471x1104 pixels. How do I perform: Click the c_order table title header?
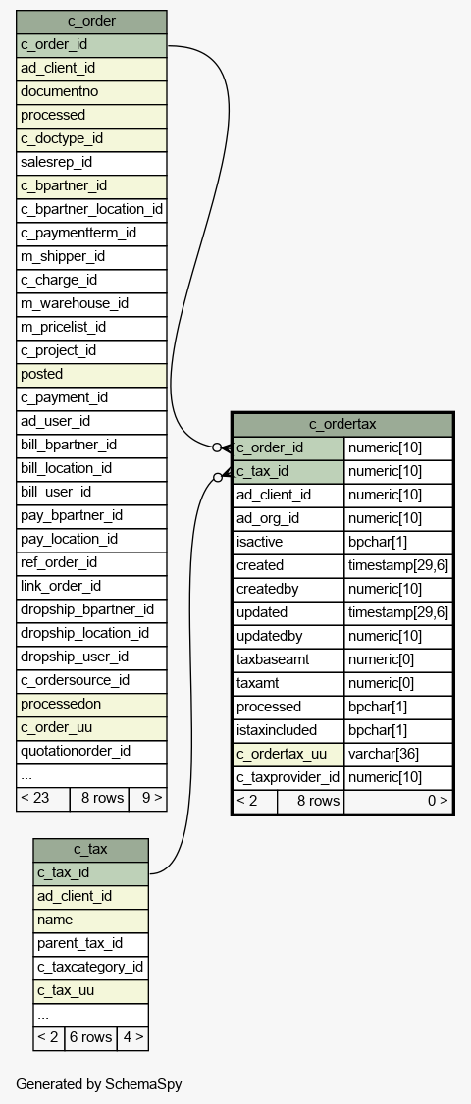coord(91,22)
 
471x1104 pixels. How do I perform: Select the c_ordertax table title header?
coord(342,425)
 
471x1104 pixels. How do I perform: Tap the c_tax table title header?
coord(91,850)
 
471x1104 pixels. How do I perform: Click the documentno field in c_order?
coord(91,92)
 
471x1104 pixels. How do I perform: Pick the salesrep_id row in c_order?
coord(91,163)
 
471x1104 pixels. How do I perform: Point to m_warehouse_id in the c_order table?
coord(91,304)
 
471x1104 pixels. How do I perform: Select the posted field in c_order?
coord(91,375)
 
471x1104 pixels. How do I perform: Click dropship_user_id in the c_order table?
coord(91,657)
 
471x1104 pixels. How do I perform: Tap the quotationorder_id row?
coord(91,752)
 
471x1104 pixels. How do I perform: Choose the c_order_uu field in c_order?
coord(91,728)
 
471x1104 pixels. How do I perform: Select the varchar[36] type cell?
coord(398,754)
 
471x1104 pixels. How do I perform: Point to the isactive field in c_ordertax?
coord(288,542)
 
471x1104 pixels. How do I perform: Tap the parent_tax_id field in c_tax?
coord(91,944)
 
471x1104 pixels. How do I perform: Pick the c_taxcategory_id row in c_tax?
coord(91,968)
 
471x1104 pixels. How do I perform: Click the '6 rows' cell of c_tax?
coord(91,1038)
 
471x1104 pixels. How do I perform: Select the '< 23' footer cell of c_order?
coord(43,799)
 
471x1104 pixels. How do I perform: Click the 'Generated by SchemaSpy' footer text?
coord(98,1084)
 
